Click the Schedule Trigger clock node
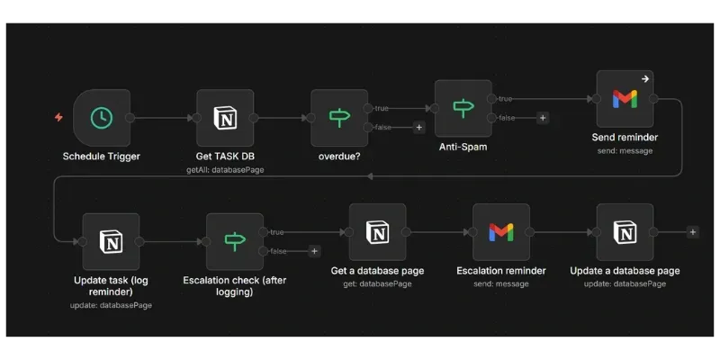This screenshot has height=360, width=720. click(102, 118)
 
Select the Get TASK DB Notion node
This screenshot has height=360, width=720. click(225, 118)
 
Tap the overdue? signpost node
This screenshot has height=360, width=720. click(339, 118)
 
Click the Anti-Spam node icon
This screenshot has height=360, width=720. click(463, 108)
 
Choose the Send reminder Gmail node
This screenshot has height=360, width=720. click(625, 100)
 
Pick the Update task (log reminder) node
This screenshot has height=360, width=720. click(111, 241)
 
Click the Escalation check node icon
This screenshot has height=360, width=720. click(235, 241)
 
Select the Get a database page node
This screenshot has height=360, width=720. click(377, 232)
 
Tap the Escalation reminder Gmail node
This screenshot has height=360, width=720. click(501, 232)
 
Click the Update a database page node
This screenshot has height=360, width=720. click(625, 232)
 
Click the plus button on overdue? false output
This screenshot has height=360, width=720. click(418, 128)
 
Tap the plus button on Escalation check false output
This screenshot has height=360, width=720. click(314, 251)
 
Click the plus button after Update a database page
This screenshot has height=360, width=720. click(692, 232)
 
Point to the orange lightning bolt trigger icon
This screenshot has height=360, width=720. click(59, 118)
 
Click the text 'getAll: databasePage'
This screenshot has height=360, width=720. click(225, 168)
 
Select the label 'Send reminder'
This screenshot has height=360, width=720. click(625, 138)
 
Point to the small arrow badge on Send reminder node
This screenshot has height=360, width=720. click(644, 79)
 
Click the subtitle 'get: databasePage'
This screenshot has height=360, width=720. click(377, 283)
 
